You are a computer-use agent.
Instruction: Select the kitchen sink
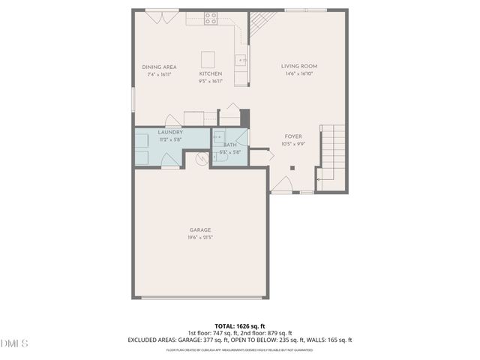pyautogui.click(x=241, y=59)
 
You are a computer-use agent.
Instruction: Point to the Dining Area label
pyautogui.click(x=159, y=67)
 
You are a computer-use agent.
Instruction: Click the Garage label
pyautogui.click(x=200, y=229)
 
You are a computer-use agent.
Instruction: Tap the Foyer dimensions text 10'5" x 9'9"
pyautogui.click(x=294, y=144)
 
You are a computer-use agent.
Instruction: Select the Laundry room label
pyautogui.click(x=170, y=132)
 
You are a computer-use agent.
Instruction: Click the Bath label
pyautogui.click(x=229, y=144)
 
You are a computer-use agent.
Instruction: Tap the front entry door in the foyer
pyautogui.click(x=281, y=186)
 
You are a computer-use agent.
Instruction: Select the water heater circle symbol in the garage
pyautogui.click(x=200, y=158)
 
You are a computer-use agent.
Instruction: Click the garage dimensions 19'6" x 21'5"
pyautogui.click(x=200, y=238)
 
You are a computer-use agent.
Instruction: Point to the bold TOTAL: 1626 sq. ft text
pyautogui.click(x=240, y=326)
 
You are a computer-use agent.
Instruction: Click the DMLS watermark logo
pyautogui.click(x=13, y=343)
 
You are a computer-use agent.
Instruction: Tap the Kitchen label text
pyautogui.click(x=210, y=73)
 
